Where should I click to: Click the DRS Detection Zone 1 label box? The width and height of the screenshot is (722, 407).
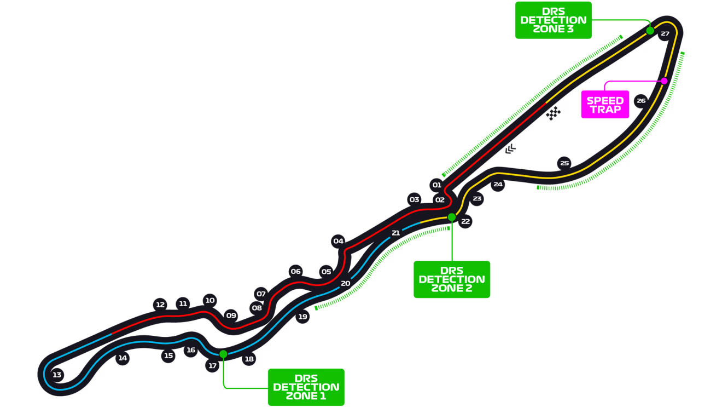point(306,387)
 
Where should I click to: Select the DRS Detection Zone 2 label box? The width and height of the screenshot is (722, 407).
point(451,279)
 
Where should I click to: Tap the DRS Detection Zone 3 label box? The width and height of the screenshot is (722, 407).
point(554,20)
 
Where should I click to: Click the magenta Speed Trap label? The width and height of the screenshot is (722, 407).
point(605,105)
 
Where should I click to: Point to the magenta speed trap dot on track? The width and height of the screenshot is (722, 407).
point(664,81)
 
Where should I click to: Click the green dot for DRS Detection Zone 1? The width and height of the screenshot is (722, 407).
point(223,354)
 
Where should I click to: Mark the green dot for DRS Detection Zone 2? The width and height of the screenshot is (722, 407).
point(451,217)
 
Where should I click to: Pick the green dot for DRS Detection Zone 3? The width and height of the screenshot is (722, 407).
point(650,31)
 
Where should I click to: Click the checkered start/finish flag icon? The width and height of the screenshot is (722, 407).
point(555,112)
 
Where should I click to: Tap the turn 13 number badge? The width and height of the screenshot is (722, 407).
point(57,375)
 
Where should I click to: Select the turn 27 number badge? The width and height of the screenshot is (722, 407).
point(665,34)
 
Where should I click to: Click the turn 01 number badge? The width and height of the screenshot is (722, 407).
point(436,185)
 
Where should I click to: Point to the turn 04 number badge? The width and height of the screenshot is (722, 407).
point(338,241)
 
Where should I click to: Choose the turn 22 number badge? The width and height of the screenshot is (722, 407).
point(465,222)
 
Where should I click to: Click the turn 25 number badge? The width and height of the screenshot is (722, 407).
point(564,163)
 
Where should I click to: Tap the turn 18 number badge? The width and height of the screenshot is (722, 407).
point(249,359)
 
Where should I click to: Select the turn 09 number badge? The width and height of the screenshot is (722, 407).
point(231,316)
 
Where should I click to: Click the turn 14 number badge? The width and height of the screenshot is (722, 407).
point(123,358)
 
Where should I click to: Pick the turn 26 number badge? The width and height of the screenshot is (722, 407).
point(641,101)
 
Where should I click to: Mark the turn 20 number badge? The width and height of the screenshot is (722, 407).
point(345,283)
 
